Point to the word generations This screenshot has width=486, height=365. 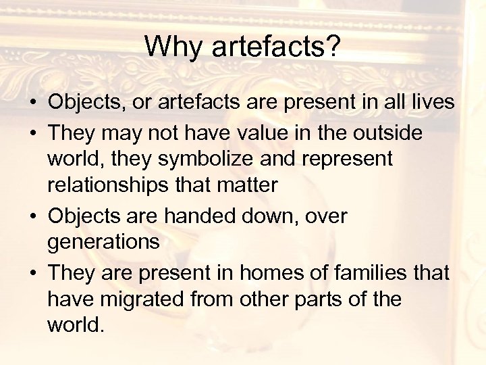click(x=103, y=242)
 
